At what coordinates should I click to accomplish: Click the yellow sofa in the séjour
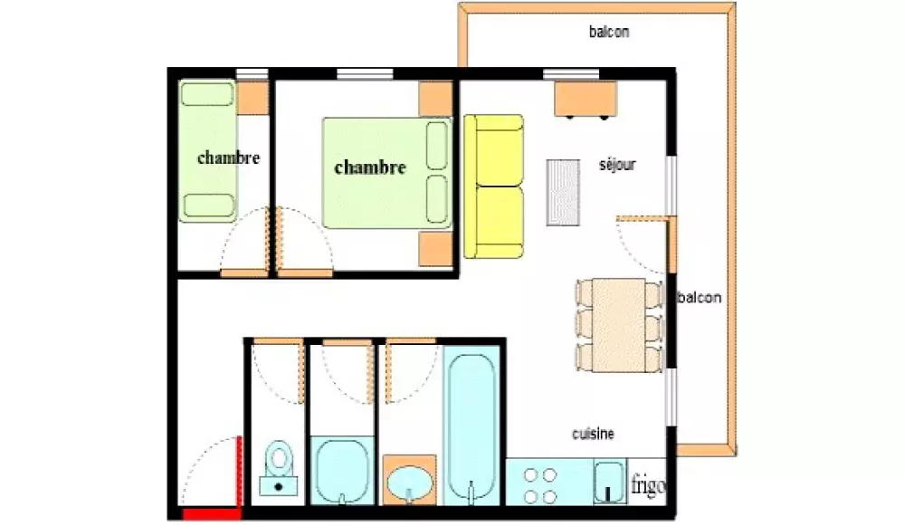click(x=494, y=186)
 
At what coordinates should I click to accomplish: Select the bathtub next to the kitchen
click(x=472, y=426)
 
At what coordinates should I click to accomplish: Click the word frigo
click(x=648, y=485)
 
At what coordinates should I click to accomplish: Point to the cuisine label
click(x=593, y=434)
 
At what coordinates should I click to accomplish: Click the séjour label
click(x=617, y=165)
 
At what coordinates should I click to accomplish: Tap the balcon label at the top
click(x=609, y=32)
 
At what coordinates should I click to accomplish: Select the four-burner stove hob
click(x=540, y=485)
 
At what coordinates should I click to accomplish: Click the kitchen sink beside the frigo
click(x=608, y=482)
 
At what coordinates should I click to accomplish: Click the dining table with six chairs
click(x=619, y=326)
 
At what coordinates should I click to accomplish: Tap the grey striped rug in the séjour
click(x=563, y=192)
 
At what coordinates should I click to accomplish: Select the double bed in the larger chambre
click(x=387, y=173)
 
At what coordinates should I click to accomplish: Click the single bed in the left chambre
click(x=208, y=150)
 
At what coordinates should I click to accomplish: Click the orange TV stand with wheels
click(x=586, y=100)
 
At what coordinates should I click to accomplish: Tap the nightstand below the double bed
click(x=435, y=250)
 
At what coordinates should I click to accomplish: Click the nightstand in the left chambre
click(x=252, y=98)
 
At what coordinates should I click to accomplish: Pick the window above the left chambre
click(x=252, y=73)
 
